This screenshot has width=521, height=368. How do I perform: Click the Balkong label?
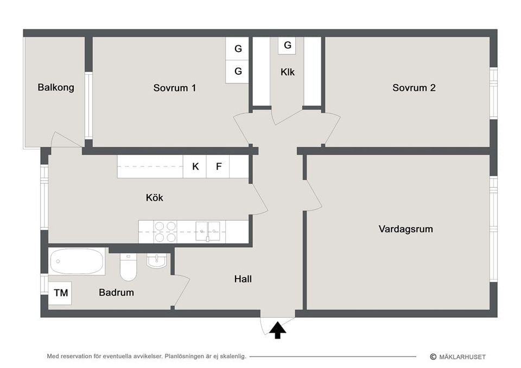[x=56, y=87]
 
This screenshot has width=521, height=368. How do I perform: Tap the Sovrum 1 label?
[x=174, y=88]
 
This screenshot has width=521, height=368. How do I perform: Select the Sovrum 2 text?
[x=414, y=88]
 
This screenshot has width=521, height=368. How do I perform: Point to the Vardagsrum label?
[x=406, y=229]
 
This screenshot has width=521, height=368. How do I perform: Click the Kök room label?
[x=154, y=198]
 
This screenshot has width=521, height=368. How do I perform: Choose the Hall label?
[x=243, y=280]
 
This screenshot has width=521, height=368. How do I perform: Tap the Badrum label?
[x=116, y=293]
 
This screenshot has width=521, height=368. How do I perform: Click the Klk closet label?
[x=288, y=72]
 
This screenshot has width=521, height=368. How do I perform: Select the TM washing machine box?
[x=61, y=293]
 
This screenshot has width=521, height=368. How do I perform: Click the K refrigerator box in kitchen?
[x=195, y=166]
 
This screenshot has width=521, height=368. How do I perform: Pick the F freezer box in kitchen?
[x=219, y=166]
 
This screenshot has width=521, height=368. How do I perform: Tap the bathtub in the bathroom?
[x=77, y=262]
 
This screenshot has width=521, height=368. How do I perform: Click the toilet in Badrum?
[x=128, y=267]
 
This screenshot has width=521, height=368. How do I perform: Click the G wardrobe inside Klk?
[x=288, y=46]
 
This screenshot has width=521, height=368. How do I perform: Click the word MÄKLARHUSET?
[x=462, y=357]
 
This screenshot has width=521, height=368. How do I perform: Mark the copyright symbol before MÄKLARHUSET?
[x=433, y=357]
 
